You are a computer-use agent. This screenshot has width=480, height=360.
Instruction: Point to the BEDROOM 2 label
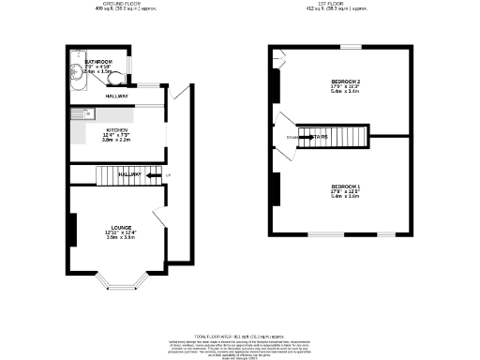tap(345, 82)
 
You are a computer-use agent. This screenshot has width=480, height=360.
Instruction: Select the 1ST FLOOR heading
tap(345, 4)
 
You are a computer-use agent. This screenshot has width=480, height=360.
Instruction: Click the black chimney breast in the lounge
tap(71, 229)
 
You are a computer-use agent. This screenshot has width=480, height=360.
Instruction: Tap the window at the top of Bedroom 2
tap(350, 47)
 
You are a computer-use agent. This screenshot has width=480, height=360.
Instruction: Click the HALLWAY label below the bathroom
tap(116, 97)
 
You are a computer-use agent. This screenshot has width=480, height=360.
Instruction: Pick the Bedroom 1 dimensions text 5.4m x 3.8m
tap(345, 197)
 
